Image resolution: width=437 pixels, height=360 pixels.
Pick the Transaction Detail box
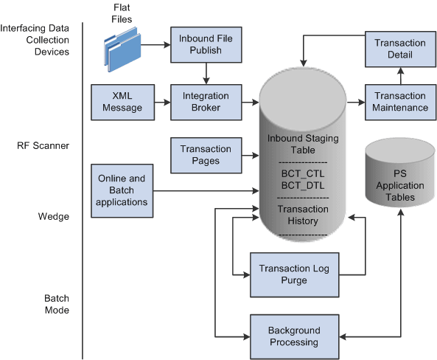399,49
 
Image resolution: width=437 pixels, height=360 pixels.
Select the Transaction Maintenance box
400,102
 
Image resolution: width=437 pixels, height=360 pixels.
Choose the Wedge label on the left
55,218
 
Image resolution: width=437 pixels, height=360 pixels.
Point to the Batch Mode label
55,304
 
